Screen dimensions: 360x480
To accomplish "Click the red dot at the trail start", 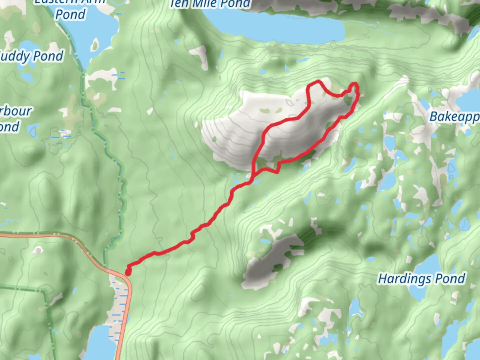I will click(128, 272).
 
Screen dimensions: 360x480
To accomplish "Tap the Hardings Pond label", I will click(421, 279).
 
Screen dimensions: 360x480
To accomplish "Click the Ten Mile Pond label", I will click(210, 4).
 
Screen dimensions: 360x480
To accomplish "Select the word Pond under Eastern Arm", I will click(70, 14).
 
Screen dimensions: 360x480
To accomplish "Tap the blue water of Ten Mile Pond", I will click(283, 28).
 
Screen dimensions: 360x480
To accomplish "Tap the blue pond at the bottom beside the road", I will click(100, 343).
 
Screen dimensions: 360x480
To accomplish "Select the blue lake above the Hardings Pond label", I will click(430, 263).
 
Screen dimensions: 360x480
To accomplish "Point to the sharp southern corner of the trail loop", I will click(277, 172).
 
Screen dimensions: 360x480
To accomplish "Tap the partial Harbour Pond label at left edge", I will click(13, 119).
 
